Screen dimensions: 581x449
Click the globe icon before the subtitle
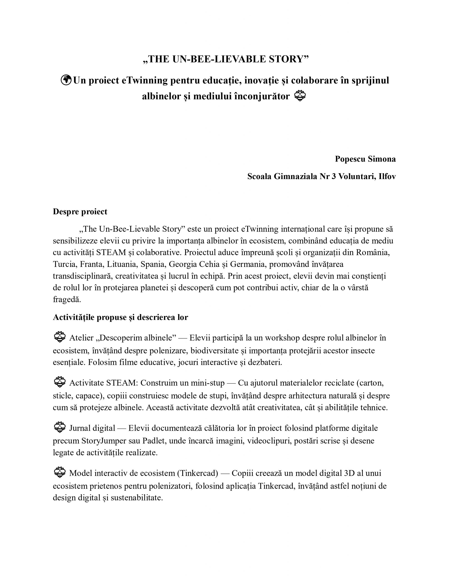tap(66, 80)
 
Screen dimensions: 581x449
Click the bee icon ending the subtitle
tap(300, 96)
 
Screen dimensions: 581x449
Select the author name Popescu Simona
tap(365, 159)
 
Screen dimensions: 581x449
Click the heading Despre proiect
tap(80, 212)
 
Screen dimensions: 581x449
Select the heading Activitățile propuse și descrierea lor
tap(120, 317)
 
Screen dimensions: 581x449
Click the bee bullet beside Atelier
tap(59, 337)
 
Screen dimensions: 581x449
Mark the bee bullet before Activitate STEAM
tap(59, 382)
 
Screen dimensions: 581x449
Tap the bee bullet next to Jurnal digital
tap(59, 427)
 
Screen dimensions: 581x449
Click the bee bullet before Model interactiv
tap(59, 472)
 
